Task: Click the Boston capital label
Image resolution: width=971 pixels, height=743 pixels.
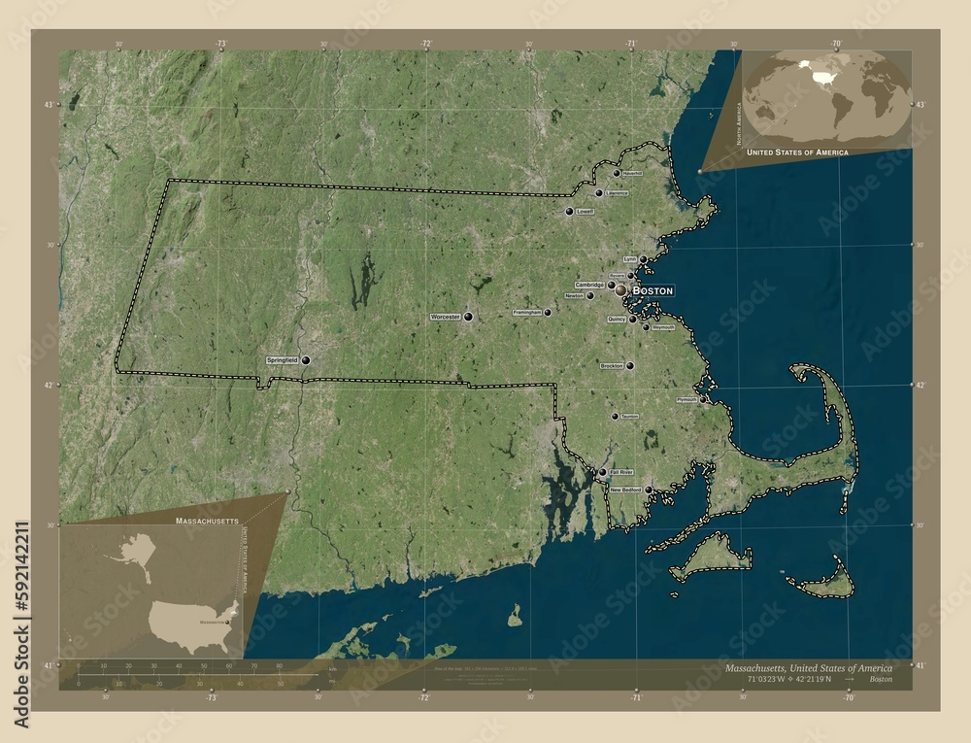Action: point(652,290)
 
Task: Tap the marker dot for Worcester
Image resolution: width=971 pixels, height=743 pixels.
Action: point(468,318)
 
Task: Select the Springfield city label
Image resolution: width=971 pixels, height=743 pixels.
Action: point(282,360)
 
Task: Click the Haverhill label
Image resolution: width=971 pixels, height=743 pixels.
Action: point(632,173)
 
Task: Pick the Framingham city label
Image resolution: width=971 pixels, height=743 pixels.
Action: point(526,313)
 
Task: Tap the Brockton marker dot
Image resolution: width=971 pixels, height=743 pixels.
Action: point(630,366)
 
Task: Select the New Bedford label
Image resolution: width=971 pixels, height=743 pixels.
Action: point(626,490)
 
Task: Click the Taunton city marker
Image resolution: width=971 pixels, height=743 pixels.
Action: point(614,417)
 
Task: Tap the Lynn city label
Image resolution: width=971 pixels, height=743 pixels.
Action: point(629,259)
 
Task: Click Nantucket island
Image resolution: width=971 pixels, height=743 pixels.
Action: point(825,583)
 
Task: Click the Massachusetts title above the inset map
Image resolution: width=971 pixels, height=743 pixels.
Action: point(207,522)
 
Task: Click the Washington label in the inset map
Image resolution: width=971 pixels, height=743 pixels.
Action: point(215,619)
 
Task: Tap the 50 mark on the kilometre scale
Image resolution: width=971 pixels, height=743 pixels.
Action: point(204,667)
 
